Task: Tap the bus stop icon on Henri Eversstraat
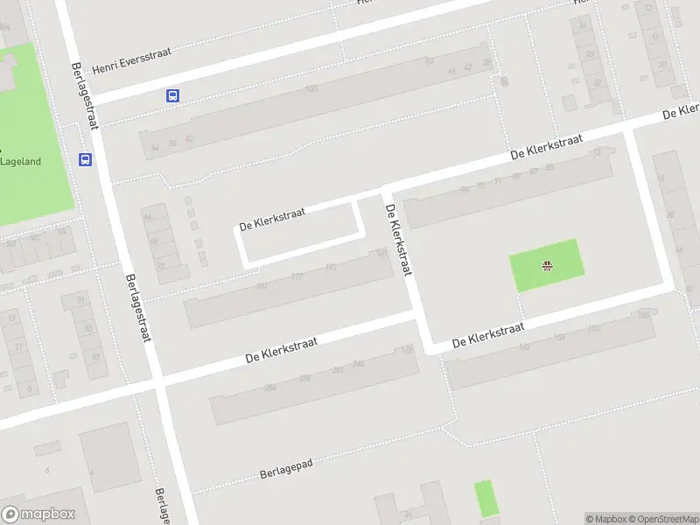173,96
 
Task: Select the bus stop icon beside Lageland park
86,159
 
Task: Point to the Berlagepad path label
286,470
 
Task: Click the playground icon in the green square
547,266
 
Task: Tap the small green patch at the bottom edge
484,498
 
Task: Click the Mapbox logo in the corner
38,514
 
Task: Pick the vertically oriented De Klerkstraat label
397,240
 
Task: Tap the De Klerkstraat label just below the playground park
487,336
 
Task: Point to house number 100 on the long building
310,89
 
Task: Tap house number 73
598,151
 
